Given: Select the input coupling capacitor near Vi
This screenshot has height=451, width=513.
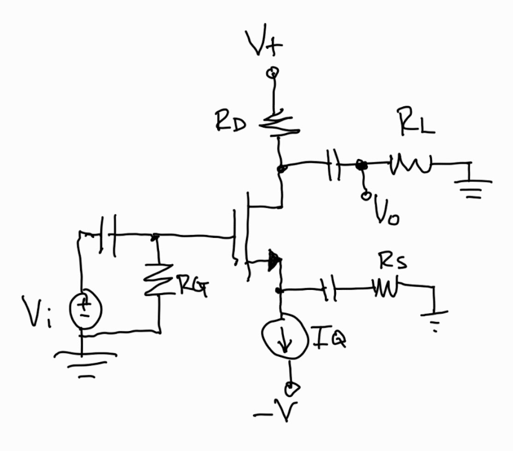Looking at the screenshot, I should point(107,236).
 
